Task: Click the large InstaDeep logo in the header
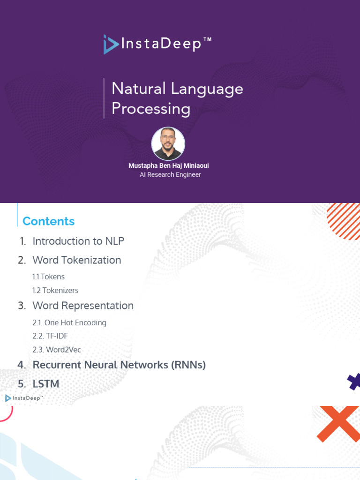(157, 44)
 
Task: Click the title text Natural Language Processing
(177, 98)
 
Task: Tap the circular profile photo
(168, 144)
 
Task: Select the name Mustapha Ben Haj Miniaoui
(169, 166)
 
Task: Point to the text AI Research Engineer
(170, 174)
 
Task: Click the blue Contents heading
(48, 221)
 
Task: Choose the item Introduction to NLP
(78, 241)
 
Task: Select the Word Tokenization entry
(76, 260)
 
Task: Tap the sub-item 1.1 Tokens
(48, 277)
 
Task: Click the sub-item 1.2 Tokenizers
(55, 290)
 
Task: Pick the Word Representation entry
(82, 306)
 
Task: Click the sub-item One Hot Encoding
(69, 322)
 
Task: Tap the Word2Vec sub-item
(57, 350)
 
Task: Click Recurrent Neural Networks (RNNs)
(119, 365)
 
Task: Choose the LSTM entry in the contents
(45, 384)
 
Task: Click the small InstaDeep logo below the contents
(24, 398)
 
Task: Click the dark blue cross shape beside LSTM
(354, 382)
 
